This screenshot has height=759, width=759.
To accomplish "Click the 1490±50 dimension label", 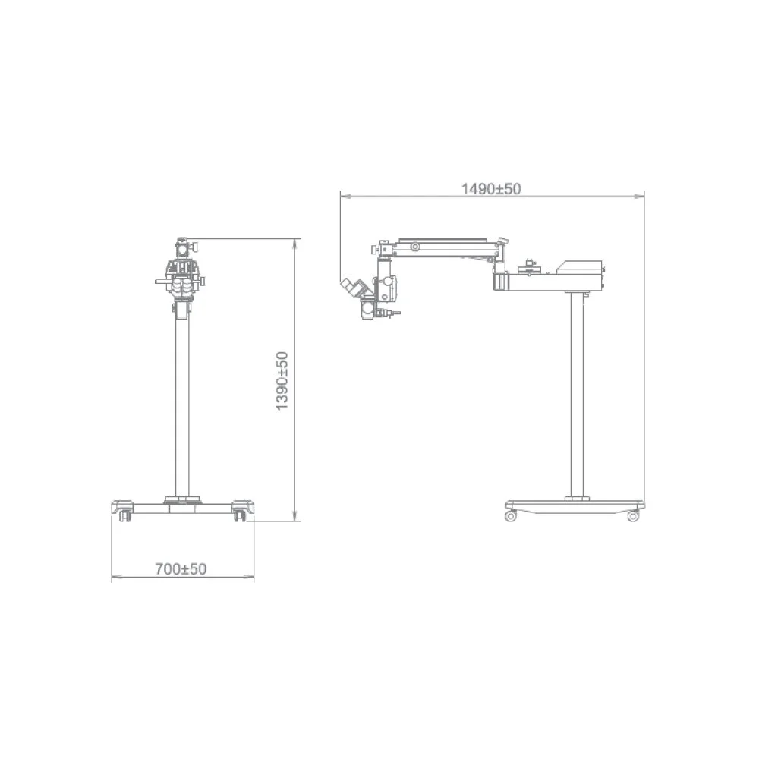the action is (491, 189).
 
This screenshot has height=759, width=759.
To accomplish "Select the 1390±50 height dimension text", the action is (282, 381).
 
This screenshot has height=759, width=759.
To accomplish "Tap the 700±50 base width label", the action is (181, 568).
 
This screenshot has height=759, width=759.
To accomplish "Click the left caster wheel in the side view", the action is (510, 516).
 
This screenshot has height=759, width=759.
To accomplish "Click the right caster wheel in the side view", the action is (633, 516).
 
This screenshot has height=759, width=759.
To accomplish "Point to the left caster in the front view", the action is (125, 515).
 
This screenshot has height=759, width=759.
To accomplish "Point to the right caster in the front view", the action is (239, 515).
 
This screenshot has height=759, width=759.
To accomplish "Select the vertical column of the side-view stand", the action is (577, 395).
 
